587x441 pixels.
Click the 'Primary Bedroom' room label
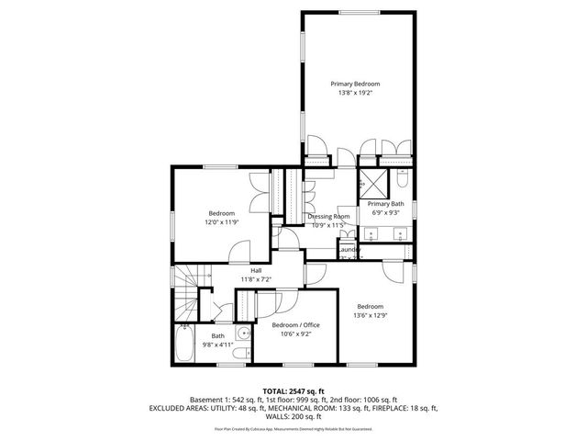[x=355, y=84]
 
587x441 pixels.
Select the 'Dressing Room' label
[x=327, y=216]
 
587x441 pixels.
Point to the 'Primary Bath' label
[x=386, y=203]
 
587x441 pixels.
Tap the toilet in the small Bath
[x=240, y=353]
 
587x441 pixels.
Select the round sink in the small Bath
[x=242, y=334]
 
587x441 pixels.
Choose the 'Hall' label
[x=256, y=270]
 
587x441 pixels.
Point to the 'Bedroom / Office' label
[x=295, y=325]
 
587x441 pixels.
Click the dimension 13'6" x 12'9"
[x=370, y=315]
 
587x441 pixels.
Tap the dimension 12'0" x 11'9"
[x=221, y=222]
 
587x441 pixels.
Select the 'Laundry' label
[x=349, y=250]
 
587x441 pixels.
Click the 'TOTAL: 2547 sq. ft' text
[x=293, y=390]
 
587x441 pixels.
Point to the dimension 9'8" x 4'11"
[x=218, y=345]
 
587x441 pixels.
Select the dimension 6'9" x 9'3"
[x=386, y=212]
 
